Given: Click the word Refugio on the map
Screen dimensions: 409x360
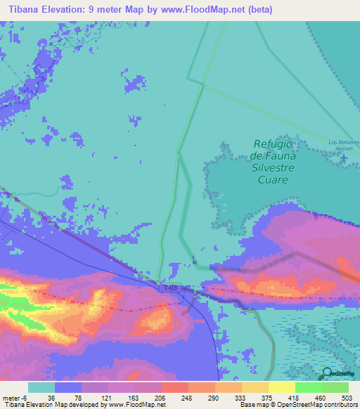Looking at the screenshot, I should tap(274, 145).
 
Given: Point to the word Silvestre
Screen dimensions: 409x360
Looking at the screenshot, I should tap(274, 168).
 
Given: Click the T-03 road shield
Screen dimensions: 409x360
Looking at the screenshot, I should tap(169, 287).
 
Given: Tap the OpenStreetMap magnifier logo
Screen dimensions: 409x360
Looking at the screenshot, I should tap(326, 373).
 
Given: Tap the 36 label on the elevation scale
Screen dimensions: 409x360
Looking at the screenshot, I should tap(51, 397).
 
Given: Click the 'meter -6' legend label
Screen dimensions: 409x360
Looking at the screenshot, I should tap(14, 397).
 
